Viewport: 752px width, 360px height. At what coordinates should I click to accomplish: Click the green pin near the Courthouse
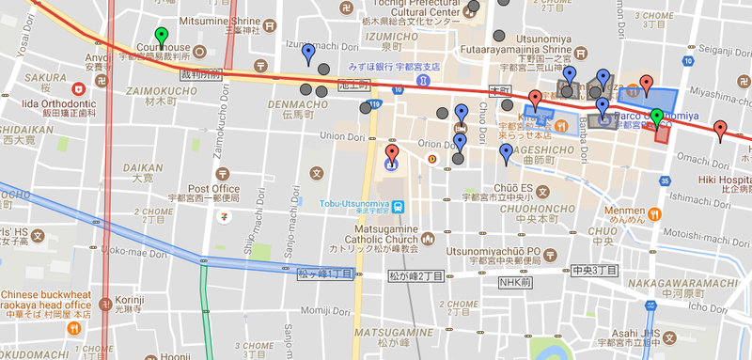point(161,37)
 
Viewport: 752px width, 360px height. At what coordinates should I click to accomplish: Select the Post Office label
point(220,188)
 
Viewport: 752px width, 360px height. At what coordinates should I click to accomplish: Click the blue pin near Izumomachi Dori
point(308,52)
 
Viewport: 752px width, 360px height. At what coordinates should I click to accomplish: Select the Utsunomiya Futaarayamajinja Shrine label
point(515,43)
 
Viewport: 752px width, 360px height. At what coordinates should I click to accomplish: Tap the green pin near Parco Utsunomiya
point(657,117)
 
